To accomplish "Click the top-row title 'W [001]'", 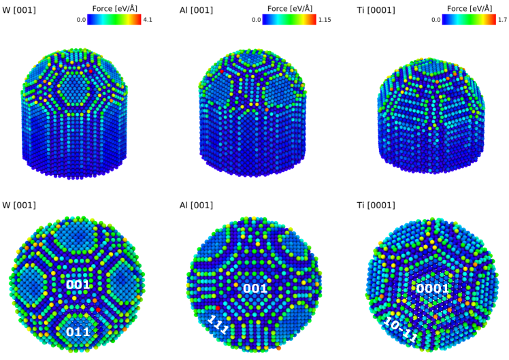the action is tap(19, 10).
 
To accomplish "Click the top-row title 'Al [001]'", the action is tap(196, 10).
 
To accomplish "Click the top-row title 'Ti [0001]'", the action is tap(376, 10).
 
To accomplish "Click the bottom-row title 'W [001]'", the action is tap(19, 205).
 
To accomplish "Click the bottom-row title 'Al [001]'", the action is tap(196, 205).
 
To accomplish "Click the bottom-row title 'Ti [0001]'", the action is tap(376, 205).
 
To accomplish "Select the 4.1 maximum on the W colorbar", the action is tap(148, 20).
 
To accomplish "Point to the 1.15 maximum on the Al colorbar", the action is tap(325, 20).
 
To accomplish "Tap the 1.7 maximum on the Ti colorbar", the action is tap(502, 20).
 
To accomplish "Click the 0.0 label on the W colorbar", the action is tap(81, 20).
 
